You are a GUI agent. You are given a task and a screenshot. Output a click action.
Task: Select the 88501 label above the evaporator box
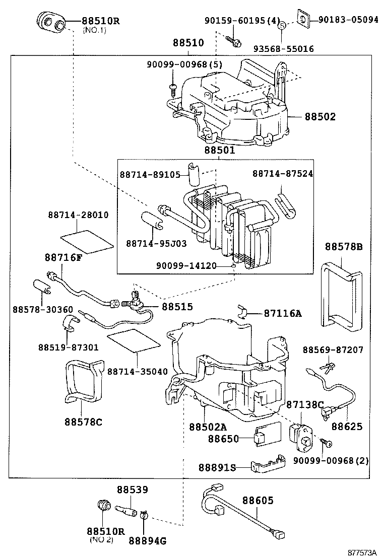click(220, 150)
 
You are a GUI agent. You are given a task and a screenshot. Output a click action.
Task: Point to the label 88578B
click(344, 247)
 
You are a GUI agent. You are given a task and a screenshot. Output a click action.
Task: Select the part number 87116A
click(282, 313)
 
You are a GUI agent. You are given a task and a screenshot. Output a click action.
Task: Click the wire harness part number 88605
click(258, 501)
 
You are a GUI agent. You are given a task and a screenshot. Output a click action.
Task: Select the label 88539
click(133, 489)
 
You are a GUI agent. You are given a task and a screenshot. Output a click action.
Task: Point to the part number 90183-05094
click(348, 20)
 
